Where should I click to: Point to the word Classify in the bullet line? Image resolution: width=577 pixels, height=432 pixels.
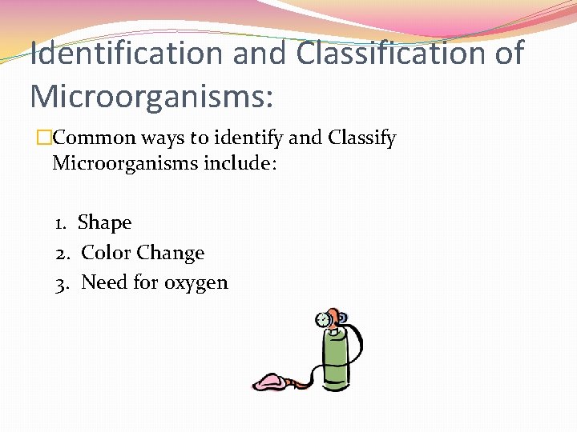pyautogui.click(x=362, y=138)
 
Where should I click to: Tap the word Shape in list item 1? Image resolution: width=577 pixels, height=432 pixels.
pyautogui.click(x=104, y=222)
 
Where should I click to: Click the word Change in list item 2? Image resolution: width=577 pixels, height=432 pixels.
pyautogui.click(x=170, y=253)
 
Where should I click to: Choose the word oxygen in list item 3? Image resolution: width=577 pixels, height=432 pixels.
pyautogui.click(x=196, y=284)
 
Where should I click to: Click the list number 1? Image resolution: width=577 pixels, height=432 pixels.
pyautogui.click(x=61, y=222)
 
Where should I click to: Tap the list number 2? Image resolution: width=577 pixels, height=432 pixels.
pyautogui.click(x=62, y=253)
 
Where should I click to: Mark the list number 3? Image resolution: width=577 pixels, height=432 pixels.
pyautogui.click(x=62, y=282)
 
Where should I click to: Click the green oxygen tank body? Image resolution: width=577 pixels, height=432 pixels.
pyautogui.click(x=334, y=361)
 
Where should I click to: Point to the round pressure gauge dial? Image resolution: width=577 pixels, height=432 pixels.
pyautogui.click(x=324, y=320)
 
